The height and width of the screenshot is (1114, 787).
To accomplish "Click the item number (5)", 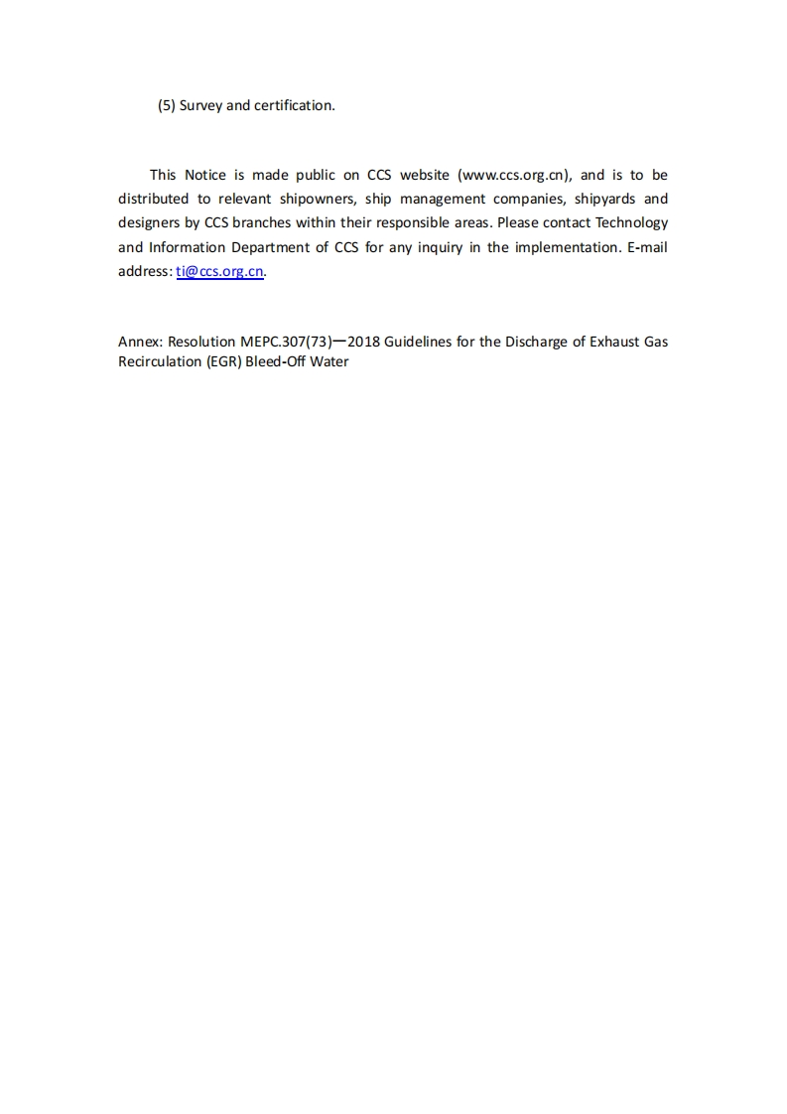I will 167,105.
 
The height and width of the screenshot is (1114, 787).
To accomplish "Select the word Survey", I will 200,105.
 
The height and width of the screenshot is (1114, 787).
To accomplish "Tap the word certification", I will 293,105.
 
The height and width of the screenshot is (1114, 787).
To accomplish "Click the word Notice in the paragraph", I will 205,175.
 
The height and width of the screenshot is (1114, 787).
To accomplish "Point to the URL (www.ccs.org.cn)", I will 513,175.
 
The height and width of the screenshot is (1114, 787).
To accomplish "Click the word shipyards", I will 605,199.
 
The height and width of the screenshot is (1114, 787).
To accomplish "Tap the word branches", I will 262,223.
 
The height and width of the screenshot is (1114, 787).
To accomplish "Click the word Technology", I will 631,223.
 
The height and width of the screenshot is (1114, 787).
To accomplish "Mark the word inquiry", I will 434,247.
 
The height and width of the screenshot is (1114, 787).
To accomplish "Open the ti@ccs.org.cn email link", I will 220,272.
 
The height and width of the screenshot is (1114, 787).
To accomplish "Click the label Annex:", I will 140,342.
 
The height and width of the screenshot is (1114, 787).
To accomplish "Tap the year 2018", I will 364,342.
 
